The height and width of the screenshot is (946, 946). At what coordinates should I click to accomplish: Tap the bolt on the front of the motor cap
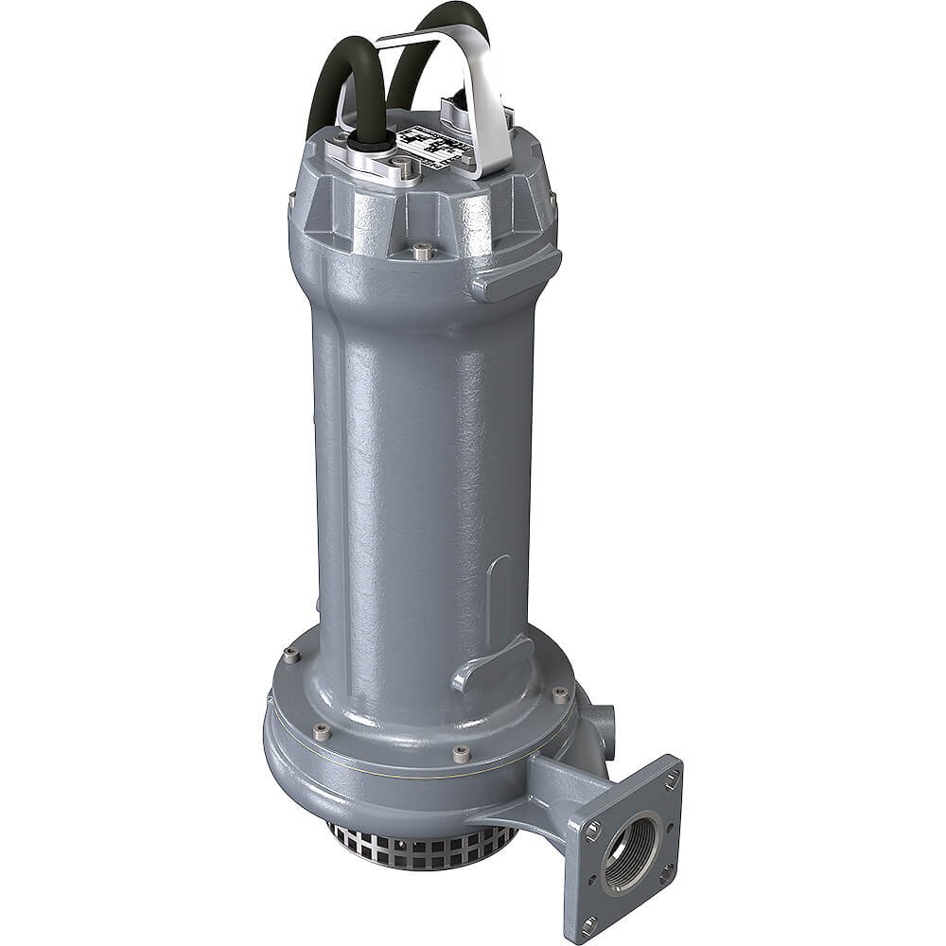point(422,252)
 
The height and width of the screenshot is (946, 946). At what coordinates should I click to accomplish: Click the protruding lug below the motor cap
point(516,274)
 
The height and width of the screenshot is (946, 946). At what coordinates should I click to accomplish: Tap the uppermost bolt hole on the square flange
point(671,779)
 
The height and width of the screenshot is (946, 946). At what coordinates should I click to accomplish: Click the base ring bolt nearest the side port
point(560,694)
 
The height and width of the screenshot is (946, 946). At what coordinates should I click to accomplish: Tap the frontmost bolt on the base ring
point(461,754)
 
